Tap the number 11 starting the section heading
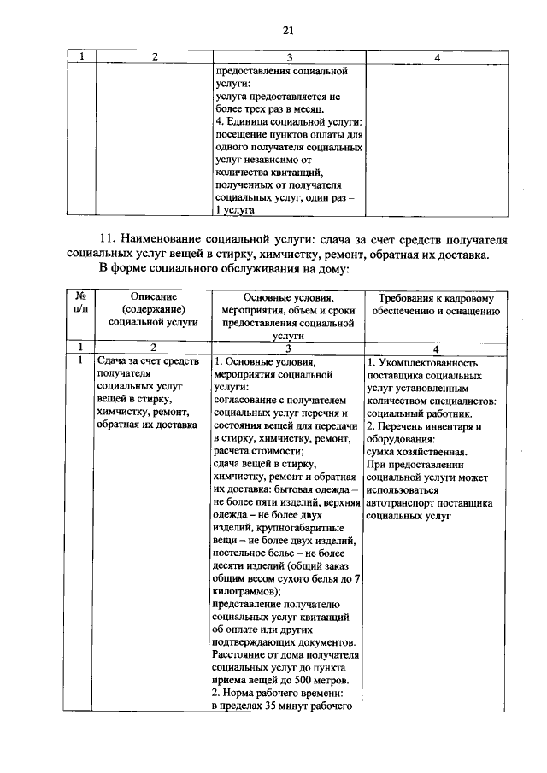click(x=108, y=237)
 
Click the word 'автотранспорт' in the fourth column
click(x=403, y=504)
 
